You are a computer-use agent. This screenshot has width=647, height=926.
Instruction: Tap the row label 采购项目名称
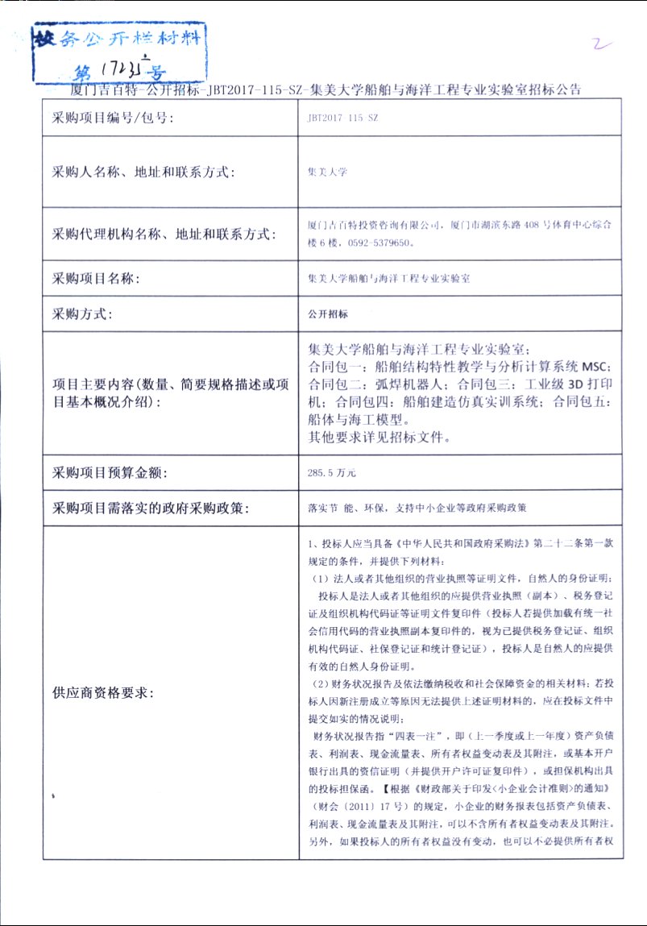pyautogui.click(x=96, y=279)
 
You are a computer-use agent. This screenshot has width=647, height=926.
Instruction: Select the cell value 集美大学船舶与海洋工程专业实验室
pyautogui.click(x=389, y=279)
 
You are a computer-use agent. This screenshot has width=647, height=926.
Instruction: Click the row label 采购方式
pyautogui.click(x=83, y=314)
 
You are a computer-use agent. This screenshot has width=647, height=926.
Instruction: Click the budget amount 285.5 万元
pyautogui.click(x=332, y=472)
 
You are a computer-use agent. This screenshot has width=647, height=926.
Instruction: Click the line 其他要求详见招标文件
pyautogui.click(x=379, y=438)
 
